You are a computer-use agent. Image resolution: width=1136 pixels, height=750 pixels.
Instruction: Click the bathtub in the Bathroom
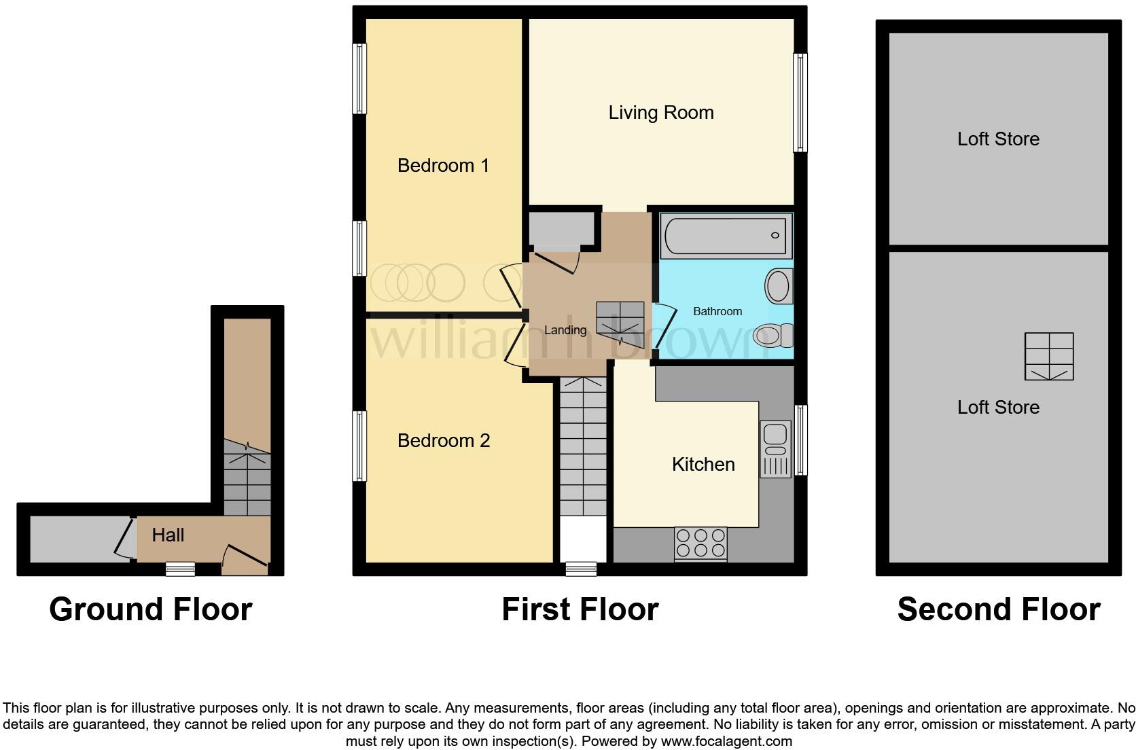pos(726,236)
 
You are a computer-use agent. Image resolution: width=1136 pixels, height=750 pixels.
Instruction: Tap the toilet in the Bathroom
pos(773,335)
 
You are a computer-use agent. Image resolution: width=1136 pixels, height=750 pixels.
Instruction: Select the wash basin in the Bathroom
pos(779,286)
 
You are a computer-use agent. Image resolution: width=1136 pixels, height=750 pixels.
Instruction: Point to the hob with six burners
pos(700,543)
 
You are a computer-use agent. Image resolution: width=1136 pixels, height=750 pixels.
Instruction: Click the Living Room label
pos(660,113)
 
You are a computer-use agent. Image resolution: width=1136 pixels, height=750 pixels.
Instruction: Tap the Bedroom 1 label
pos(443,166)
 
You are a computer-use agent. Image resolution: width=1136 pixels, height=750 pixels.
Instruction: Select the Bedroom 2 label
pos(443,441)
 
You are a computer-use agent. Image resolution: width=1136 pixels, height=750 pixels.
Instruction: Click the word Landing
pos(565,330)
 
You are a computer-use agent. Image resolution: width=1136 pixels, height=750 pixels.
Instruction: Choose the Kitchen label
pos(703,465)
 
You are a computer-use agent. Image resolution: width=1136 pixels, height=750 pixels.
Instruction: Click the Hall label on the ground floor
pos(168,535)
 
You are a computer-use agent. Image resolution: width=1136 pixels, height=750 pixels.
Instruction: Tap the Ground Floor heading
pos(150,609)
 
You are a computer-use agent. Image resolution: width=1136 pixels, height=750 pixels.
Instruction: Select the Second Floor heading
pos(998,609)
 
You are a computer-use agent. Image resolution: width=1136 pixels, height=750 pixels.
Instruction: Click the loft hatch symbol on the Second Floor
pos(1048,357)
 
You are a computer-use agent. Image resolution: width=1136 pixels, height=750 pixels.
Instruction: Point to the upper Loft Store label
pos(997,139)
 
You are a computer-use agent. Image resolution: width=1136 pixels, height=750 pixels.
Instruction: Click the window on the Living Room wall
pos(800,103)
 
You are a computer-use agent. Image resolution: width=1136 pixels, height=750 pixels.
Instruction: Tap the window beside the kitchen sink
pos(801,440)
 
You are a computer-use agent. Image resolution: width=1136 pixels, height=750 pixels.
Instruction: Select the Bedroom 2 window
pos(359,446)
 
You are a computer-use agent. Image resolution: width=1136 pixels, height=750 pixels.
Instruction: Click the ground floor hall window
pos(181,569)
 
